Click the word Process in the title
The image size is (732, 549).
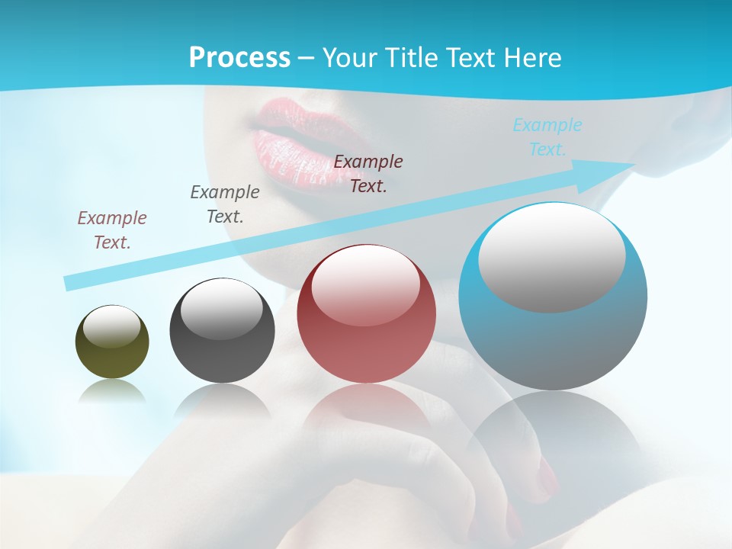[x=239, y=57]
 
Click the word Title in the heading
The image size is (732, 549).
[x=410, y=58]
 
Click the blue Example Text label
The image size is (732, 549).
[x=547, y=137]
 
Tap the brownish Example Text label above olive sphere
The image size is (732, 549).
[x=112, y=230]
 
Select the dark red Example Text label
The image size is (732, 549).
[x=368, y=173]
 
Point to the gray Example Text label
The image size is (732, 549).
[x=225, y=204]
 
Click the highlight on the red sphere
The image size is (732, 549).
[x=365, y=284]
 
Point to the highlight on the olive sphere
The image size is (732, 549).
[x=111, y=326]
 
